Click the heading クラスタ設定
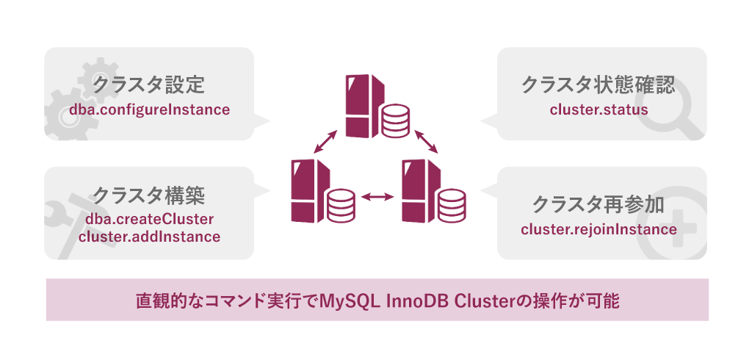(x=148, y=84)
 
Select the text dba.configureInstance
(x=149, y=110)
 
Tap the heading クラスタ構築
(x=148, y=195)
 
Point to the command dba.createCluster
(x=149, y=219)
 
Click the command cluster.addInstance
(x=149, y=237)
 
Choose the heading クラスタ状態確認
(x=598, y=84)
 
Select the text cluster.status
(x=599, y=110)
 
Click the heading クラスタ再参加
(x=598, y=204)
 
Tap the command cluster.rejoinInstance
(x=599, y=229)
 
